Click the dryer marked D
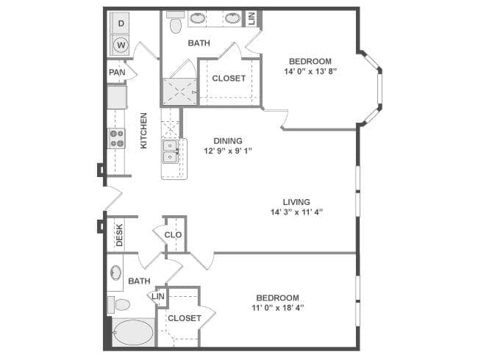(x=121, y=24)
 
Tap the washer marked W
(x=121, y=46)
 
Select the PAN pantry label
(x=117, y=72)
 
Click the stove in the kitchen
(x=117, y=138)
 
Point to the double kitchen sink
(x=171, y=150)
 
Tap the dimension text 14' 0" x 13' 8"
(x=310, y=72)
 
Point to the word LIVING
(x=296, y=201)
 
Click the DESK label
(x=118, y=234)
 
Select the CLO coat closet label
(x=173, y=235)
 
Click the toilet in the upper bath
(x=175, y=26)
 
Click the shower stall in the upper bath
(x=179, y=90)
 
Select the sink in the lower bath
(x=116, y=273)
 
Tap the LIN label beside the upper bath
(x=252, y=18)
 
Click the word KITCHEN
(x=144, y=130)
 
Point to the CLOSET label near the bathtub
(x=184, y=318)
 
